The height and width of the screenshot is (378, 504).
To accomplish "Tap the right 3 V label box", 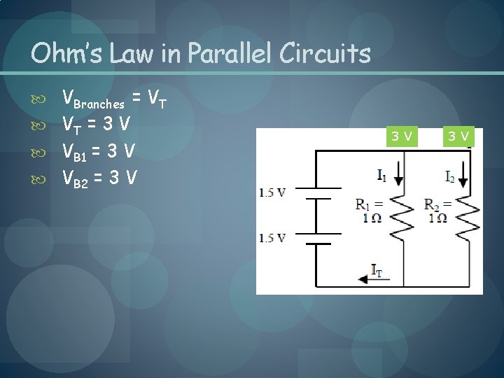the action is [x=459, y=135].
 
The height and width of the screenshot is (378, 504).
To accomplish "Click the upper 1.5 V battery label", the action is [x=272, y=192].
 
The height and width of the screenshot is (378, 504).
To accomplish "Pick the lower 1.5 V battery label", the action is [x=272, y=238].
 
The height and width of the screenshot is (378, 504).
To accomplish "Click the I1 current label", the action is [x=381, y=175].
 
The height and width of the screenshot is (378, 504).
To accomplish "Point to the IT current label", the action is [x=376, y=272].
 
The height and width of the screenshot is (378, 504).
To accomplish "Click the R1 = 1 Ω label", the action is [x=369, y=211].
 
